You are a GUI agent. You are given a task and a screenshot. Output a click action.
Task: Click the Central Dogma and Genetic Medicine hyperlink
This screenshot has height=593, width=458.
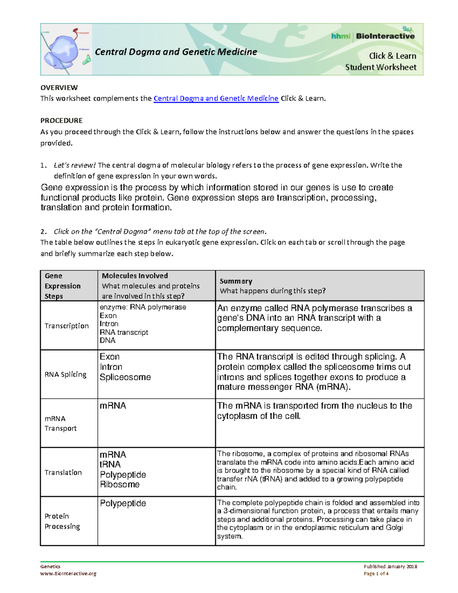point(216,99)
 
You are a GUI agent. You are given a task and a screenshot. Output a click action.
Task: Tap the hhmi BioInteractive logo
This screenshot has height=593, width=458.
point(373,36)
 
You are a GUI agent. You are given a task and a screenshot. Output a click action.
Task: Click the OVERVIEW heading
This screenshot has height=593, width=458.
point(59,87)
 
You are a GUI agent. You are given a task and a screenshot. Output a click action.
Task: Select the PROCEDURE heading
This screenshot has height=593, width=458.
point(61,121)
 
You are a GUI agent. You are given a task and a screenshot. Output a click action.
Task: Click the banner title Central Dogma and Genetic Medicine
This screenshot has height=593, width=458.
point(176,52)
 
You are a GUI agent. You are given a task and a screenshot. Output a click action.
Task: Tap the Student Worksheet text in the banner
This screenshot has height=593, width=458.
point(381,68)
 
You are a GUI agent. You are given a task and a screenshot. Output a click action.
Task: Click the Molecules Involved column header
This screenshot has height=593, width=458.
point(135,276)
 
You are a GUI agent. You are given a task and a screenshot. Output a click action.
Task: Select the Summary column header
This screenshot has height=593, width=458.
point(235,281)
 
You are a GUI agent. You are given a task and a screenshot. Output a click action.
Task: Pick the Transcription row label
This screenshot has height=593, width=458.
point(66,326)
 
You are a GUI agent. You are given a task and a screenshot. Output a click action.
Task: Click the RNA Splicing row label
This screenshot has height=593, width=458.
point(65,375)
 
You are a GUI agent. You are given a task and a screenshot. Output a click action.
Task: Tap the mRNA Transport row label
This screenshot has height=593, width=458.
point(60,423)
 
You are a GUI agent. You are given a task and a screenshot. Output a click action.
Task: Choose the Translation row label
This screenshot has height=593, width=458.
point(63,472)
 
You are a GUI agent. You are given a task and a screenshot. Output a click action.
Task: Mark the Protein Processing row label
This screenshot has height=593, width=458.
point(62,521)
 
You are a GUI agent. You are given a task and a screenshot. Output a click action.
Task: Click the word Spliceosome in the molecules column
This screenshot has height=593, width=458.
point(125,377)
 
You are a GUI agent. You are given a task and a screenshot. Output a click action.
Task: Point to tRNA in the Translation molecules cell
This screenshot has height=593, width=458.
point(110,464)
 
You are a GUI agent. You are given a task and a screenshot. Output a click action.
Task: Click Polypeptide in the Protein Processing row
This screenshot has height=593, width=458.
point(123,503)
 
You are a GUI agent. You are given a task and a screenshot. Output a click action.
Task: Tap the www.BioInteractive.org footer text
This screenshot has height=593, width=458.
point(68,574)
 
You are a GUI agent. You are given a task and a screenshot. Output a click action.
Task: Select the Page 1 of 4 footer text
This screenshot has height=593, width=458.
point(376,574)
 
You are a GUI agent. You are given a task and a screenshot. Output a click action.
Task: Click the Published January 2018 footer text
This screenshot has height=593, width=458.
point(390,567)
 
